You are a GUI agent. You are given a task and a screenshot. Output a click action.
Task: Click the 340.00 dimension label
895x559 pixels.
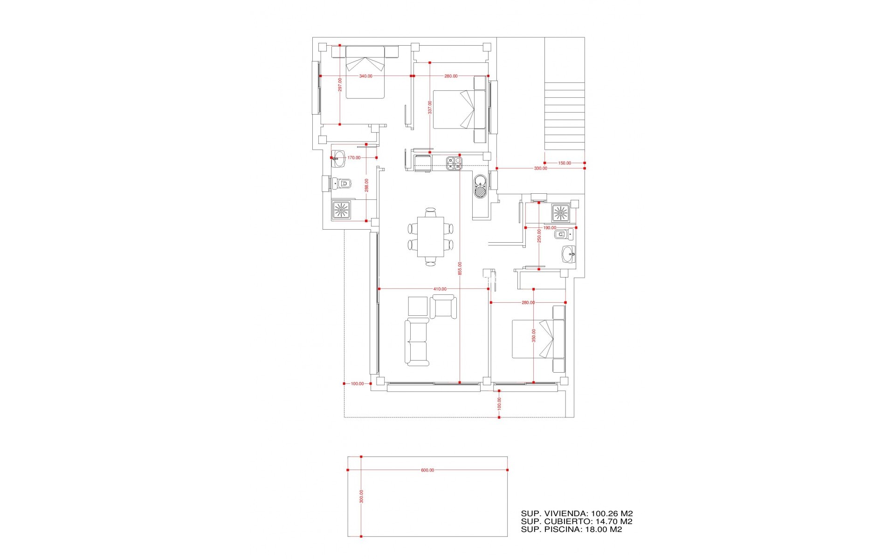pos(365,76)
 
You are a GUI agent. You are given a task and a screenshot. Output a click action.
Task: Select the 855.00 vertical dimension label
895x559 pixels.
pos(460,268)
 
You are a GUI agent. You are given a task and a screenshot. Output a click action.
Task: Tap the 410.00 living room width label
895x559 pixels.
pos(440,289)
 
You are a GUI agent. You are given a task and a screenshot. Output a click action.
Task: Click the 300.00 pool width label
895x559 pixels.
pos(361,496)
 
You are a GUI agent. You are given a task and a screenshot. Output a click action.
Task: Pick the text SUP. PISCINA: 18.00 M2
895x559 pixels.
pos(571,530)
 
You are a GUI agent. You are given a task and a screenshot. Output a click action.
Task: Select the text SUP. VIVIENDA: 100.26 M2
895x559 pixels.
pos(577,513)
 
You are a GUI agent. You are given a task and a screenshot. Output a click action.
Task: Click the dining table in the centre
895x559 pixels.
pos(430,236)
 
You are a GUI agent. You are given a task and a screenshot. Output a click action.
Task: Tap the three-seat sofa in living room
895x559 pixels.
pos(417,342)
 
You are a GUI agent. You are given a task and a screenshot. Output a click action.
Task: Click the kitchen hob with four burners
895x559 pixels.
pos(454,163)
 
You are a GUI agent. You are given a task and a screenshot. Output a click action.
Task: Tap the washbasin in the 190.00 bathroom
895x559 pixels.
pos(569,255)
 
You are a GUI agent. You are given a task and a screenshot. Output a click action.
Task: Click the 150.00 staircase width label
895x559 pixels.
pos(565,163)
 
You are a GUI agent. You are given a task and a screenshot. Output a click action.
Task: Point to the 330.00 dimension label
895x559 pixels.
pos(540,168)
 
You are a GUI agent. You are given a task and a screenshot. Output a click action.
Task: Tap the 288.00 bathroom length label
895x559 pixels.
pos(367,185)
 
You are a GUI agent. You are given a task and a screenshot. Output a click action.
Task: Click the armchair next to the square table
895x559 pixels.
pos(443,307)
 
